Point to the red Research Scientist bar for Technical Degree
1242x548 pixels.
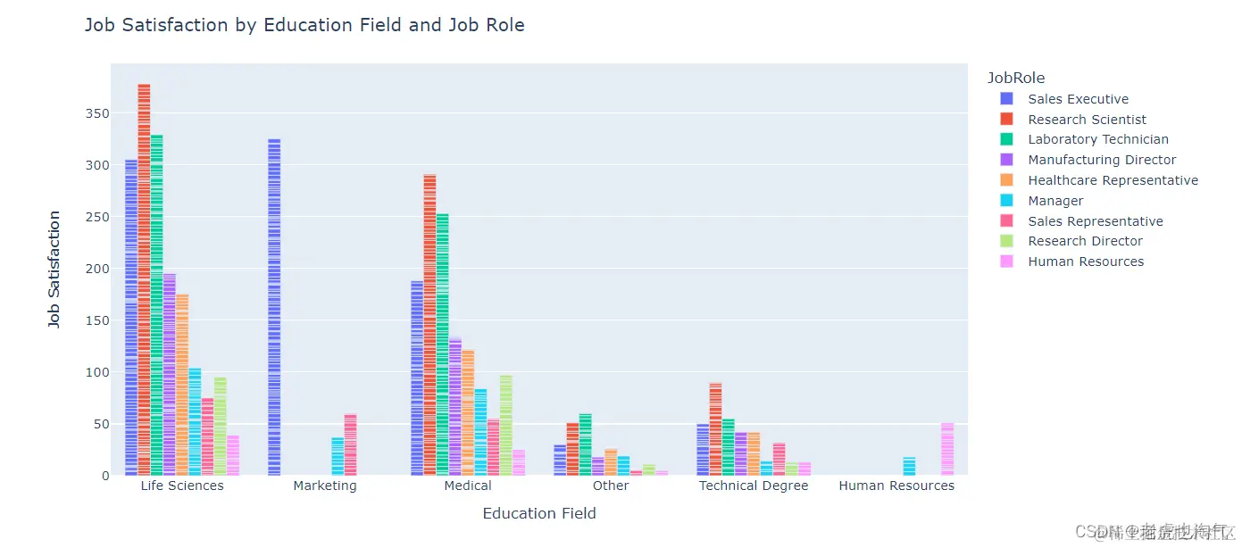tap(715, 429)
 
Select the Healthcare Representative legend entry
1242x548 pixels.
tap(1113, 180)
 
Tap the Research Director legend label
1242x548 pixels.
tap(1085, 241)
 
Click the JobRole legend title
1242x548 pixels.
tap(1016, 78)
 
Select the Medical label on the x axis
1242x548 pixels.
tap(468, 486)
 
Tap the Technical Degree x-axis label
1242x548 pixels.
tap(754, 486)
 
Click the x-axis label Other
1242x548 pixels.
tap(611, 486)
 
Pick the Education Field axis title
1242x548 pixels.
tap(539, 513)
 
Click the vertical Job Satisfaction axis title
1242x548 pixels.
tap(54, 270)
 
